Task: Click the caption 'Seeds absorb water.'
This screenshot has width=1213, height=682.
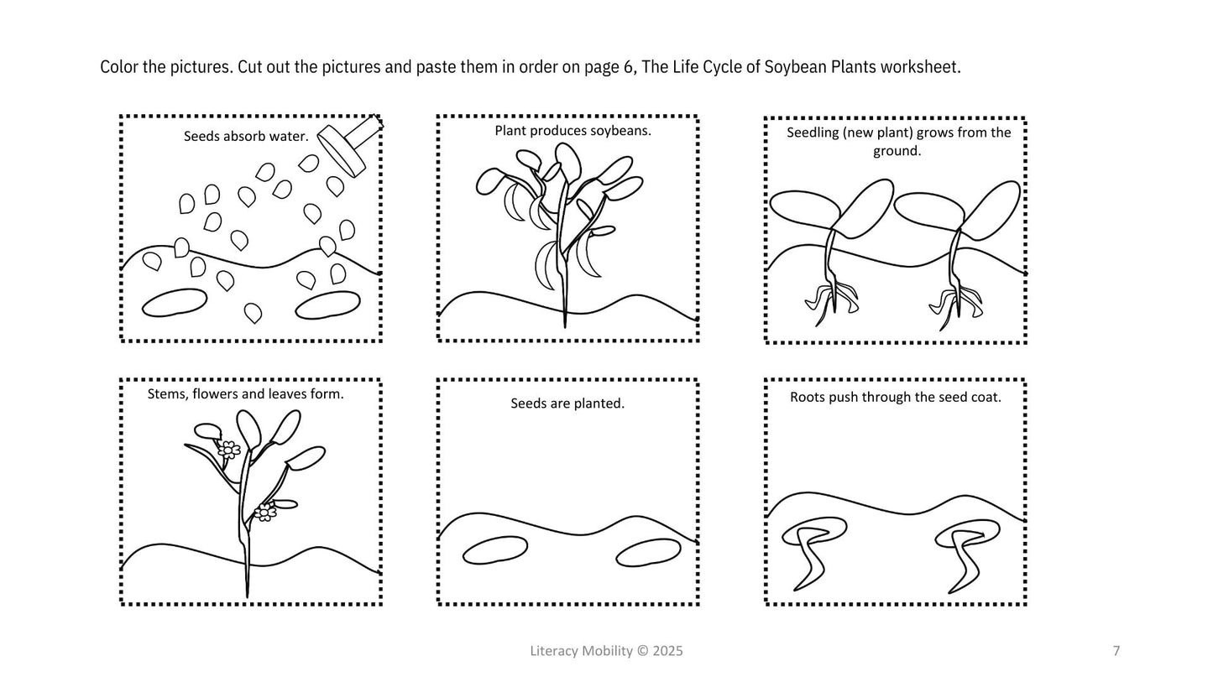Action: pyautogui.click(x=246, y=137)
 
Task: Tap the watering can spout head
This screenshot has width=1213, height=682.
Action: pyautogui.click(x=341, y=152)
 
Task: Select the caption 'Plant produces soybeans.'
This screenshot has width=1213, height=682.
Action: pyautogui.click(x=573, y=131)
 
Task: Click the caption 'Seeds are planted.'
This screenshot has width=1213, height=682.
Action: pyautogui.click(x=567, y=403)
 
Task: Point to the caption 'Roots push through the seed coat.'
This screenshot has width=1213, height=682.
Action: pyautogui.click(x=896, y=398)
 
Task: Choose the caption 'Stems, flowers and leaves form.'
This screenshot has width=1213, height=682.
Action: pyautogui.click(x=246, y=394)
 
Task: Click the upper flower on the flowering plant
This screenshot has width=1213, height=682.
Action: pyautogui.click(x=229, y=450)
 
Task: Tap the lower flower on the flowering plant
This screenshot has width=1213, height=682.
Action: pyautogui.click(x=264, y=512)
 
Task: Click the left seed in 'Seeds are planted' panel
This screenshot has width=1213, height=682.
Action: pyautogui.click(x=495, y=551)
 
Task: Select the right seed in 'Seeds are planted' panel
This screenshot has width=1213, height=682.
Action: pyautogui.click(x=648, y=553)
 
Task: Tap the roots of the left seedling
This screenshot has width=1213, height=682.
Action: pyautogui.click(x=831, y=303)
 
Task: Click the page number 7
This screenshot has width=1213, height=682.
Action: pyautogui.click(x=1116, y=651)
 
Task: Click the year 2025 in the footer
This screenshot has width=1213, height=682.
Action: pyautogui.click(x=667, y=651)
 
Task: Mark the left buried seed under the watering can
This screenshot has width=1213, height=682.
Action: pyautogui.click(x=175, y=303)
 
